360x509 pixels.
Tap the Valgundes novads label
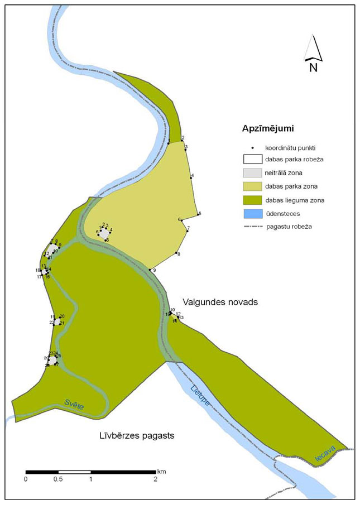pos(215,301)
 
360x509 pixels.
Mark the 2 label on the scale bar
pos(155,479)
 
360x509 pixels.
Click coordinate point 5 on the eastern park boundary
pos(197,215)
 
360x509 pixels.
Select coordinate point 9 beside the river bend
pos(149,271)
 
